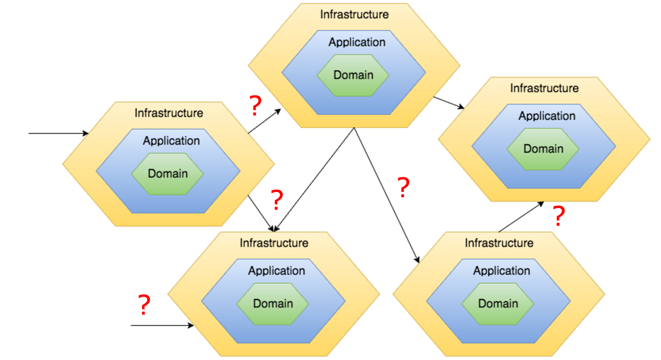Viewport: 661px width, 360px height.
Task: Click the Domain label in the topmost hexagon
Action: (353, 75)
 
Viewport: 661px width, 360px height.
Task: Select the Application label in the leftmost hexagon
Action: (172, 141)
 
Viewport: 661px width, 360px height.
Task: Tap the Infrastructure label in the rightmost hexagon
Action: (544, 88)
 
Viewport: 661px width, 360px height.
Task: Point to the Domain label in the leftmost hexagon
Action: (168, 173)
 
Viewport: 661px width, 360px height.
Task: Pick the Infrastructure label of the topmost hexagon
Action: (354, 14)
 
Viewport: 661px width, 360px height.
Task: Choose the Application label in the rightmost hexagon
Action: (547, 116)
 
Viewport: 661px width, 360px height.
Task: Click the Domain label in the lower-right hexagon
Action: (498, 303)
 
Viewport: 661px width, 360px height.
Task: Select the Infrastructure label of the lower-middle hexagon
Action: (274, 243)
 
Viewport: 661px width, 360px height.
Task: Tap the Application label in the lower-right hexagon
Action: (502, 271)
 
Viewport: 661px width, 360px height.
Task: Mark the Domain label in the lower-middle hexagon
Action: (273, 303)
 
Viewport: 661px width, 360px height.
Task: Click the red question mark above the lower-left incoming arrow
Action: (144, 304)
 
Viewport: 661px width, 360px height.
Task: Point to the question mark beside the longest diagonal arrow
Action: (403, 187)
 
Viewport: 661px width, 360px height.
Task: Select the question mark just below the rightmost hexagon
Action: (559, 216)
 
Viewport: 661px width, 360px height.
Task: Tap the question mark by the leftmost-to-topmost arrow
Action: (255, 105)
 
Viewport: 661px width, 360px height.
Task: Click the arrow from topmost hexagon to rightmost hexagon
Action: (448, 103)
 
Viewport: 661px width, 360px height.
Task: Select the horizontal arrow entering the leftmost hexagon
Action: (58, 133)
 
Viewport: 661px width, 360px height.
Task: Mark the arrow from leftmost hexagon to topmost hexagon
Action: (264, 121)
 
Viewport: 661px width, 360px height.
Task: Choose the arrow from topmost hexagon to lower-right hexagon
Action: (386, 195)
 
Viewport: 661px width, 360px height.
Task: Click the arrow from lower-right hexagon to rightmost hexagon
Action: (521, 217)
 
